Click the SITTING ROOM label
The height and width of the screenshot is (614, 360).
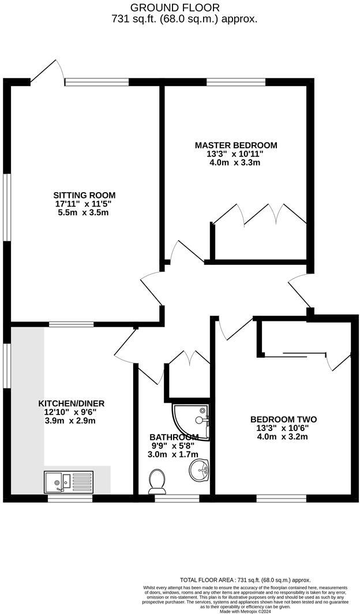point(84,195)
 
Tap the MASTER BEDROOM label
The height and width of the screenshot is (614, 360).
point(235,145)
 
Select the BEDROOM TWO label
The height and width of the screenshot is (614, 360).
point(283,420)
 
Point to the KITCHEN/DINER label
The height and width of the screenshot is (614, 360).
point(71,403)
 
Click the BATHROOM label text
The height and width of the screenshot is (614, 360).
point(174,437)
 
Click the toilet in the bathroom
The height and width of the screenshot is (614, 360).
point(156,481)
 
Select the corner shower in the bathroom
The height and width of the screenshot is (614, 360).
point(190,421)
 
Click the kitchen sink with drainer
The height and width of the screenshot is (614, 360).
point(67,481)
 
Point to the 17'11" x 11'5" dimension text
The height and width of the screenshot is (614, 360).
point(84,204)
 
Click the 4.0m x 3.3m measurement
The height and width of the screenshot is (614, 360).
point(235,163)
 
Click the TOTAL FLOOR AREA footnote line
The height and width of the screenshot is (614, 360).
point(245,580)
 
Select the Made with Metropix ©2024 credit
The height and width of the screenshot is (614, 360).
point(245,611)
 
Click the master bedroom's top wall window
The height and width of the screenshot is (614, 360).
point(235,82)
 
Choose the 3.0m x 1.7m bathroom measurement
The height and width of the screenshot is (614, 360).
point(174,455)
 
